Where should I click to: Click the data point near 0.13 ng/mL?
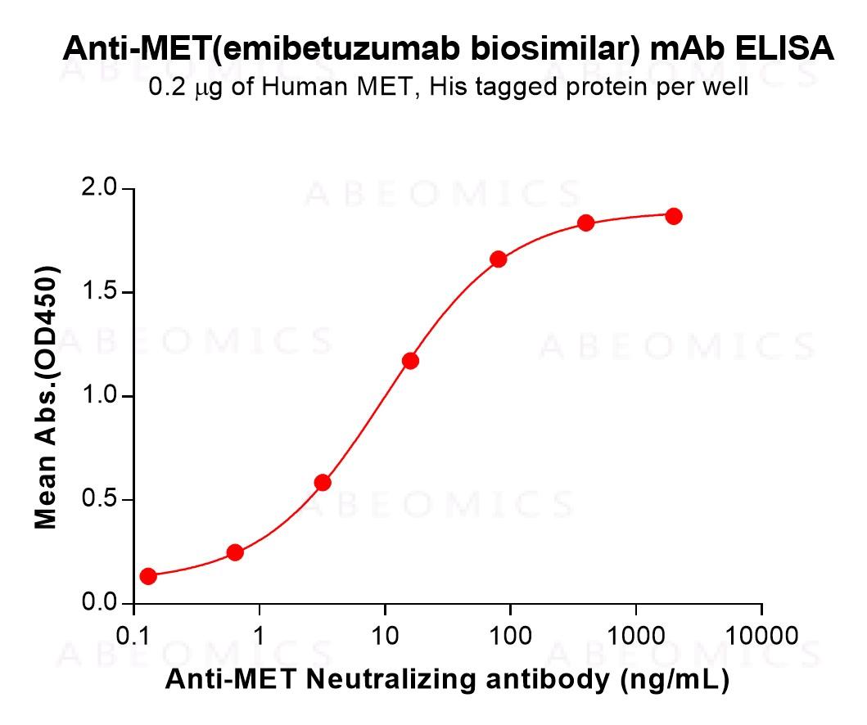148,576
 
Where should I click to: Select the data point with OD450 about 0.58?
323,483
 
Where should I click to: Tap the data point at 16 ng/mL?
411,361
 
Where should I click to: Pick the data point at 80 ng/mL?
499,259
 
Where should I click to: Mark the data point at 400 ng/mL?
586,223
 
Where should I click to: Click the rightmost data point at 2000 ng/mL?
674,216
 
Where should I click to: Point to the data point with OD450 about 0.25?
235,552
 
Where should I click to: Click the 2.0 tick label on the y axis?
100,190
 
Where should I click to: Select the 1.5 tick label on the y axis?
100,293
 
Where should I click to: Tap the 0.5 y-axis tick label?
100,500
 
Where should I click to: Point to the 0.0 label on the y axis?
100,604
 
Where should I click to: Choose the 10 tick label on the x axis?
385,636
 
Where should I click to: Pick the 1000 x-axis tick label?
636,636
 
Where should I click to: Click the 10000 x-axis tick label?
761,636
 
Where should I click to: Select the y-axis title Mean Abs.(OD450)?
46,397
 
